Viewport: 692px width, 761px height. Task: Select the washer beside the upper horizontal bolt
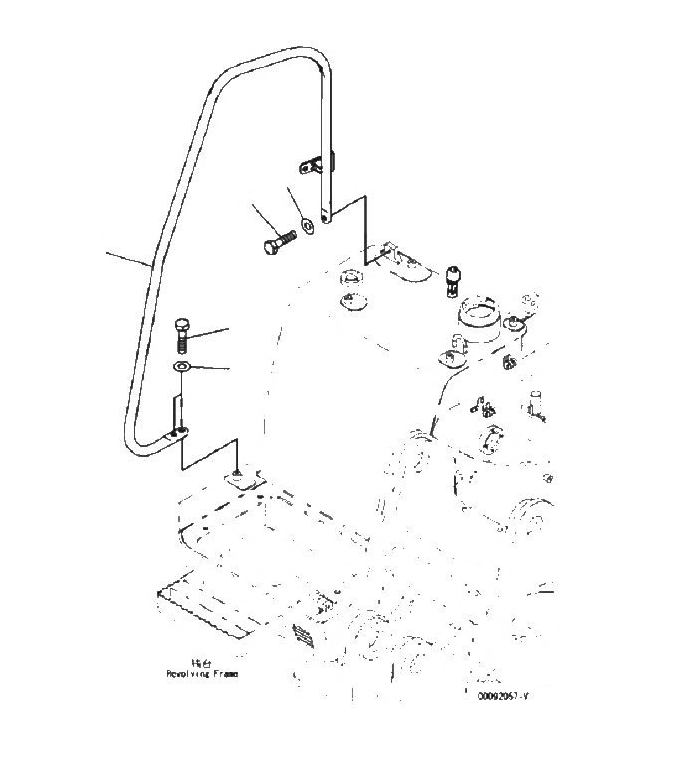(x=307, y=225)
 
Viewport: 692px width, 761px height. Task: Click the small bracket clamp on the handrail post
(x=316, y=162)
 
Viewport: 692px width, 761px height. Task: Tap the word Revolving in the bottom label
(x=184, y=673)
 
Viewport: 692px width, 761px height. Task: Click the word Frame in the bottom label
(x=224, y=673)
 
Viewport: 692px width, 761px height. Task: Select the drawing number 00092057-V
(x=502, y=696)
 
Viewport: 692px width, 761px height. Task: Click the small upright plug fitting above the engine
(x=454, y=278)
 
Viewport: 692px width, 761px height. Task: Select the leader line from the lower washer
(x=212, y=369)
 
